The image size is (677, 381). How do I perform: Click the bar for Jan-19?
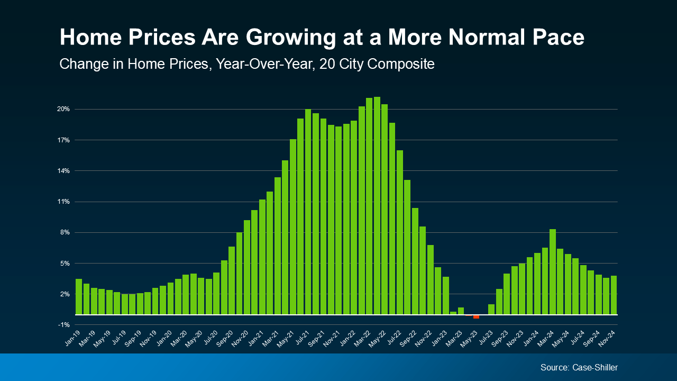pyautogui.click(x=79, y=296)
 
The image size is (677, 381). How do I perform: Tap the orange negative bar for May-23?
pyautogui.click(x=476, y=316)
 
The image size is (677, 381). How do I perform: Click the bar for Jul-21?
pyautogui.click(x=308, y=212)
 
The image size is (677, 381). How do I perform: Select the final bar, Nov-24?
pyautogui.click(x=614, y=295)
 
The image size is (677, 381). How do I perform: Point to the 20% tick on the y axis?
pyautogui.click(x=63, y=109)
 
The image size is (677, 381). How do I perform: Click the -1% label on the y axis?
pyautogui.click(x=63, y=325)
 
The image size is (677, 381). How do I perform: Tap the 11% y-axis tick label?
pyautogui.click(x=63, y=202)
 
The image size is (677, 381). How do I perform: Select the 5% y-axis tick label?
pyautogui.click(x=63, y=264)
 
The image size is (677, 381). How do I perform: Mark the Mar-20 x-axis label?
pyautogui.click(x=179, y=338)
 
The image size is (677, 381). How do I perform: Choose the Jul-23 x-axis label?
pyautogui.click(x=485, y=338)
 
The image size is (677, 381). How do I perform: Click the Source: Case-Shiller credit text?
pyautogui.click(x=579, y=367)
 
